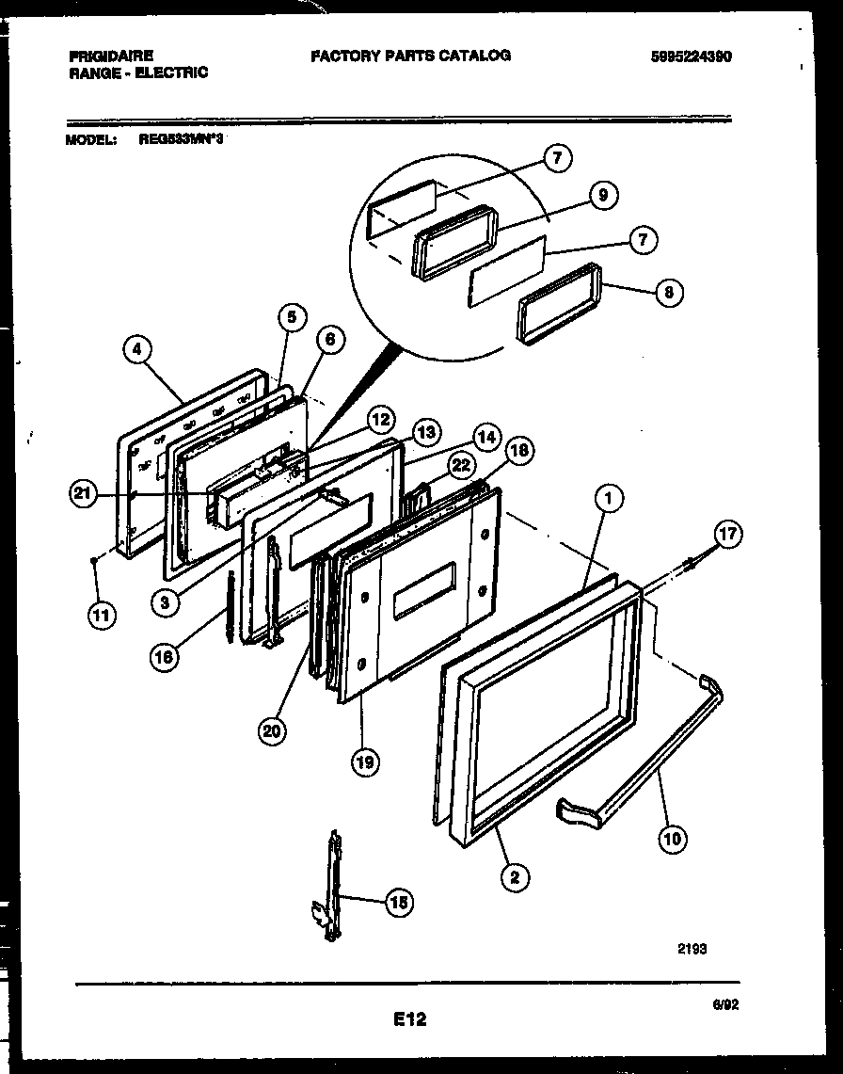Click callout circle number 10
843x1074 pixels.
tap(673, 839)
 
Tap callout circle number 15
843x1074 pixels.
tap(398, 903)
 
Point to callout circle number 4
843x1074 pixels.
tap(138, 350)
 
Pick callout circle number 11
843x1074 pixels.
tap(101, 616)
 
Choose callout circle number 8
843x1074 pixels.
tap(668, 292)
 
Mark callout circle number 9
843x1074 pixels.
tap(603, 195)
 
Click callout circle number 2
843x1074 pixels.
tap(514, 877)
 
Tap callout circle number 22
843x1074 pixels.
tap(459, 463)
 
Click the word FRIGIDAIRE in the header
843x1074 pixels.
tap(111, 56)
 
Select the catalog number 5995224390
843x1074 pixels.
tap(691, 56)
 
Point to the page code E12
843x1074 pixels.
tap(409, 1018)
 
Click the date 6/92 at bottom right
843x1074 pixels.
tap(725, 1004)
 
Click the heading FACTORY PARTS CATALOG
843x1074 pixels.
tap(410, 56)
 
